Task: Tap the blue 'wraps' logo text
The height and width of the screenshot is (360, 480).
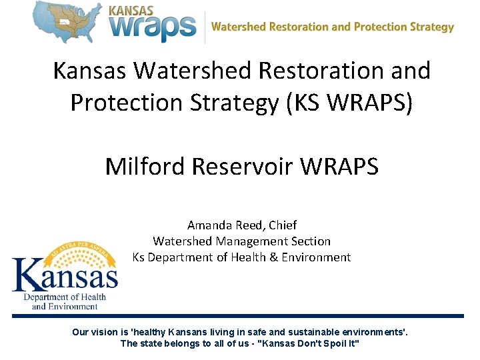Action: click(x=153, y=28)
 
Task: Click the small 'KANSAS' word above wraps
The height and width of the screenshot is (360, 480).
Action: click(x=131, y=10)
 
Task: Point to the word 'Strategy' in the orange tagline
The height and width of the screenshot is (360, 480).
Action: click(x=432, y=27)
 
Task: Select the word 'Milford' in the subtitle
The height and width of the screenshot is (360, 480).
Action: click(x=145, y=166)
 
